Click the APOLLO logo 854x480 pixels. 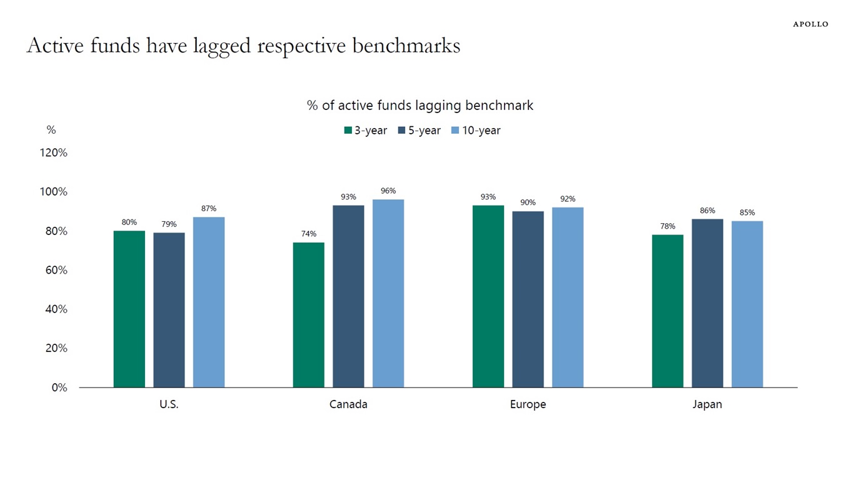810,24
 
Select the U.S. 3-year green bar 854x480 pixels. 129,309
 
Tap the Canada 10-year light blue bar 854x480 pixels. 388,293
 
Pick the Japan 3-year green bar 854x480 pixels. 668,311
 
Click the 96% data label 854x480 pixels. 388,191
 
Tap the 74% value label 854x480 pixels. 309,234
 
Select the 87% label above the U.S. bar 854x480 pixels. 209,209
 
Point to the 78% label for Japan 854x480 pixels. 668,226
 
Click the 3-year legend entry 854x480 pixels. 365,131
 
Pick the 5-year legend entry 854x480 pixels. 419,131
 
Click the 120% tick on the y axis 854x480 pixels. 54,153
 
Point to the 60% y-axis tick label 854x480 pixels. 56,270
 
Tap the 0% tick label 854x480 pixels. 59,387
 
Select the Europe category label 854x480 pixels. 528,404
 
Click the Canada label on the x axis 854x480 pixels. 348,404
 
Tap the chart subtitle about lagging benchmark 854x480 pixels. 420,106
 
